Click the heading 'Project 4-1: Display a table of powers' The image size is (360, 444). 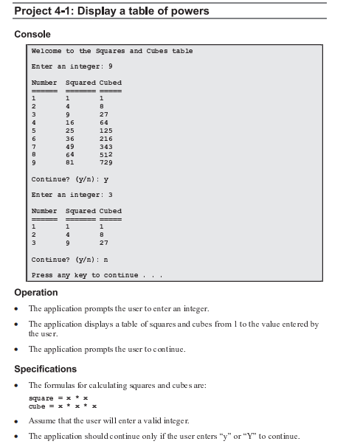[x=111, y=11]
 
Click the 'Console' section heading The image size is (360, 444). [x=33, y=35]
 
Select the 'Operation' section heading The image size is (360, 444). [x=36, y=293]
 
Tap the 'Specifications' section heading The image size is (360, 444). [x=46, y=369]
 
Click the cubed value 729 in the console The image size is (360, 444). [x=105, y=162]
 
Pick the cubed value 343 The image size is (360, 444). [x=105, y=146]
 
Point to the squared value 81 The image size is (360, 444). [x=70, y=162]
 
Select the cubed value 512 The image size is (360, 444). [x=105, y=154]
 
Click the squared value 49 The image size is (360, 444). [x=70, y=146]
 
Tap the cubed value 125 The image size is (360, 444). [x=105, y=130]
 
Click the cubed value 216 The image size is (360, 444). [x=105, y=138]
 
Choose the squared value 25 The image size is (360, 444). [x=70, y=130]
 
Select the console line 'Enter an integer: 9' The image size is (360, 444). [x=72, y=66]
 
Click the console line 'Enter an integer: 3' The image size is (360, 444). [x=72, y=195]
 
